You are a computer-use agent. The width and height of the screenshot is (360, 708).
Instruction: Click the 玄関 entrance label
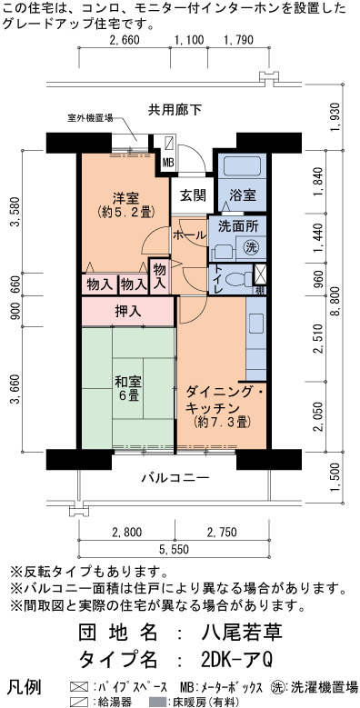194,195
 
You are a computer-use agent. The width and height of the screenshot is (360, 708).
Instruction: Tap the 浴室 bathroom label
243,195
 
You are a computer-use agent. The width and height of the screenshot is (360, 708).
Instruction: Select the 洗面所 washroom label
235,226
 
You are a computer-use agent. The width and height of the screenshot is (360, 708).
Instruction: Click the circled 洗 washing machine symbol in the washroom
251,246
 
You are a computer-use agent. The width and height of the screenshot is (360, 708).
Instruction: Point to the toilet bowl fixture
236,280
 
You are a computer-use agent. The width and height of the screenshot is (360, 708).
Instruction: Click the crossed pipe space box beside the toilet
261,275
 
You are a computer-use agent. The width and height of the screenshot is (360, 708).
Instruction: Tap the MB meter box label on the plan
168,162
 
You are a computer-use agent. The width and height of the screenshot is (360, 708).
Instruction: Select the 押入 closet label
128,311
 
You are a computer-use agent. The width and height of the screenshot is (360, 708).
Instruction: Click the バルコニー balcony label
174,478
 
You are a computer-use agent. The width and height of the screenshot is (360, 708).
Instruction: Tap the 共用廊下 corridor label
175,110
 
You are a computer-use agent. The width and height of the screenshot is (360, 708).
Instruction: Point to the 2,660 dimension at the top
125,39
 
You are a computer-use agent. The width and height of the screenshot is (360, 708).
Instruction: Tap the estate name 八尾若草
242,633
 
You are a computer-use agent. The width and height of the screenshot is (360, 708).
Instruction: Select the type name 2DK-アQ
236,660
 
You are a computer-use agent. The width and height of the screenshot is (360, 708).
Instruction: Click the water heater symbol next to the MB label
168,144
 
